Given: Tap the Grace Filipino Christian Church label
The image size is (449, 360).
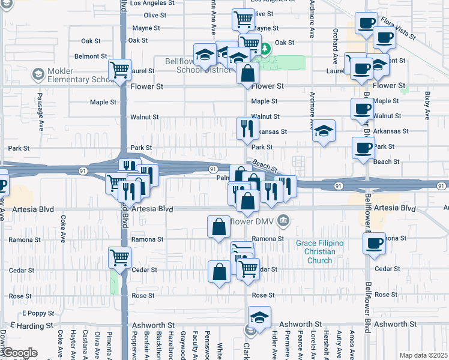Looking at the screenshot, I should pos(319,251).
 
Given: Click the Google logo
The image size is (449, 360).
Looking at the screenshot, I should pos(19,353).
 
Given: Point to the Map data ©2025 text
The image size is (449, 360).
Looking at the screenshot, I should pos(423,355).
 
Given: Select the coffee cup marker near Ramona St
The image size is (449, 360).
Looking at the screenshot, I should pos(375,244).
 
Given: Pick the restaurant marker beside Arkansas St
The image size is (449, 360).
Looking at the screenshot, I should pos(247,128).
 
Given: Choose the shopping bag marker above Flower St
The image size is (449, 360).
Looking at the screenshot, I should pos(247,74).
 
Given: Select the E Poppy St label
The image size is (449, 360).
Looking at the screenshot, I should pos(37,313).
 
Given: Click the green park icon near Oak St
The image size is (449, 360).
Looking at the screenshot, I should pos(264,47).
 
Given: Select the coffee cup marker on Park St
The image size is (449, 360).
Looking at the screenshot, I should pos(363,148).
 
